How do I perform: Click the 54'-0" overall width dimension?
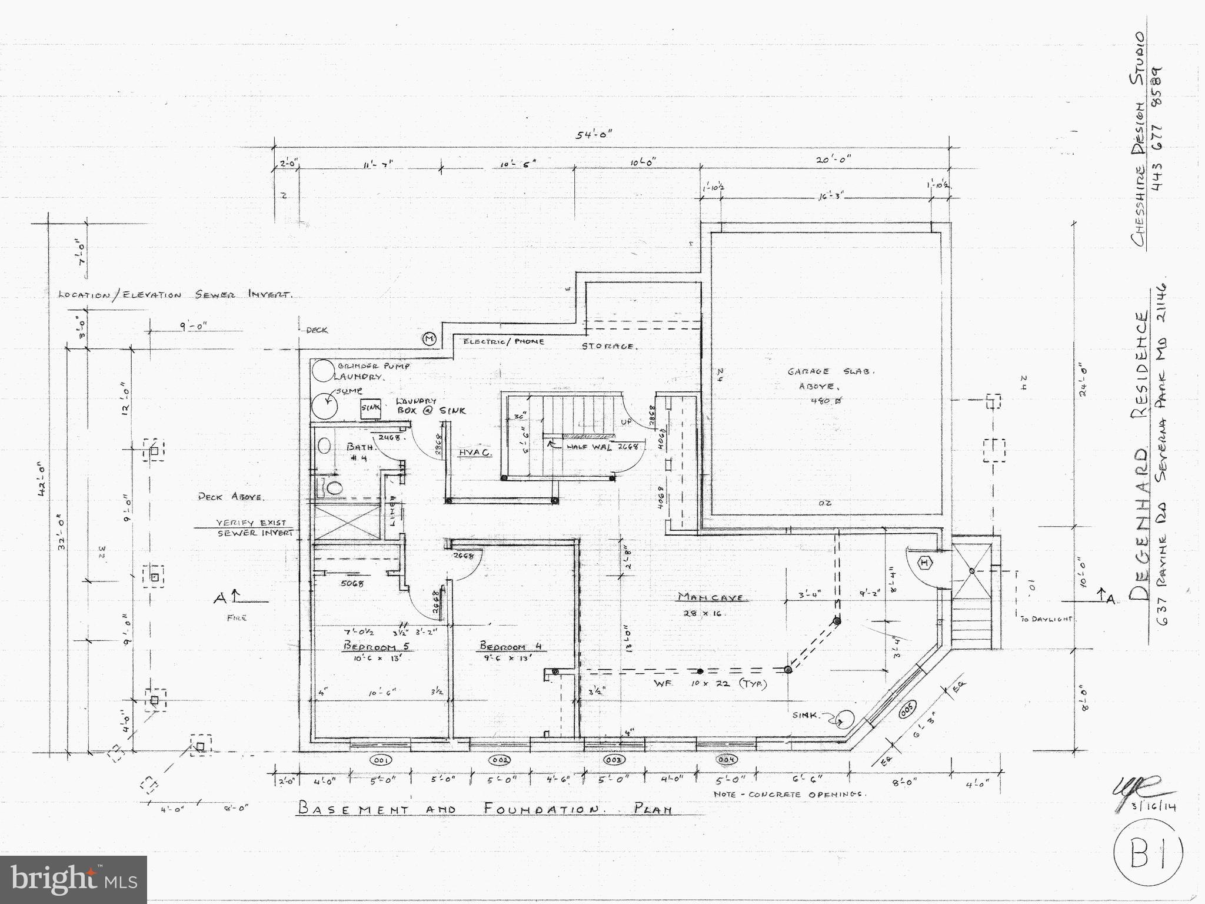point(594,135)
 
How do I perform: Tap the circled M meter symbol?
point(429,338)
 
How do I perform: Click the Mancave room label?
point(713,597)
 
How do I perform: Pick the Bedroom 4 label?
point(510,646)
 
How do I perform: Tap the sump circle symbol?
point(323,404)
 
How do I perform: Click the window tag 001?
point(380,760)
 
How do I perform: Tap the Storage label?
point(608,346)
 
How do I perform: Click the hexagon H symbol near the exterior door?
point(925,563)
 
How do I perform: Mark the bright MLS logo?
point(74,879)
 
